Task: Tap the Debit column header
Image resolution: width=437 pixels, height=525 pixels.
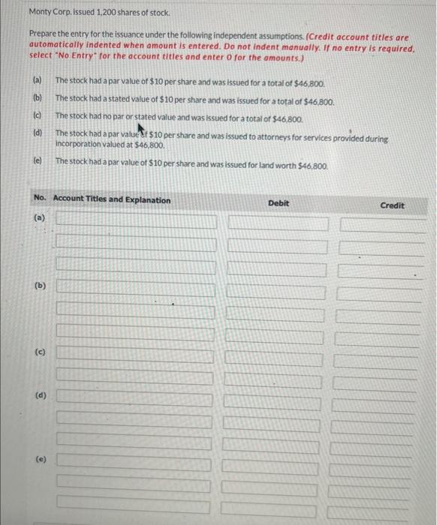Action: point(278,203)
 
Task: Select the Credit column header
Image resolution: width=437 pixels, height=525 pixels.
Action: point(392,205)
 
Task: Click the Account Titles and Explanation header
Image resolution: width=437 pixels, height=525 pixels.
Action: point(112,199)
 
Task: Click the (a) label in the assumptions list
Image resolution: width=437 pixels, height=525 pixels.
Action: point(37,79)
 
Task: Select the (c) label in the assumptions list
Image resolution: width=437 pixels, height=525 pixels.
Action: point(37,117)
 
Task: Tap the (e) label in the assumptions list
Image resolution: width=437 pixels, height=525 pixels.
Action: point(37,160)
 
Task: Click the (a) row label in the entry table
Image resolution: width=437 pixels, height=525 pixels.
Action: point(39,218)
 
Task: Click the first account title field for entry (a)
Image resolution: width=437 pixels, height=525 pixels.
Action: point(137,221)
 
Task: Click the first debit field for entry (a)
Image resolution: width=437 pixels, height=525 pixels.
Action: point(276,223)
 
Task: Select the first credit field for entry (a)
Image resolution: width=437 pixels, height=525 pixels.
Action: point(387,225)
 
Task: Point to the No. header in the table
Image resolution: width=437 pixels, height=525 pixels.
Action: point(40,199)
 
